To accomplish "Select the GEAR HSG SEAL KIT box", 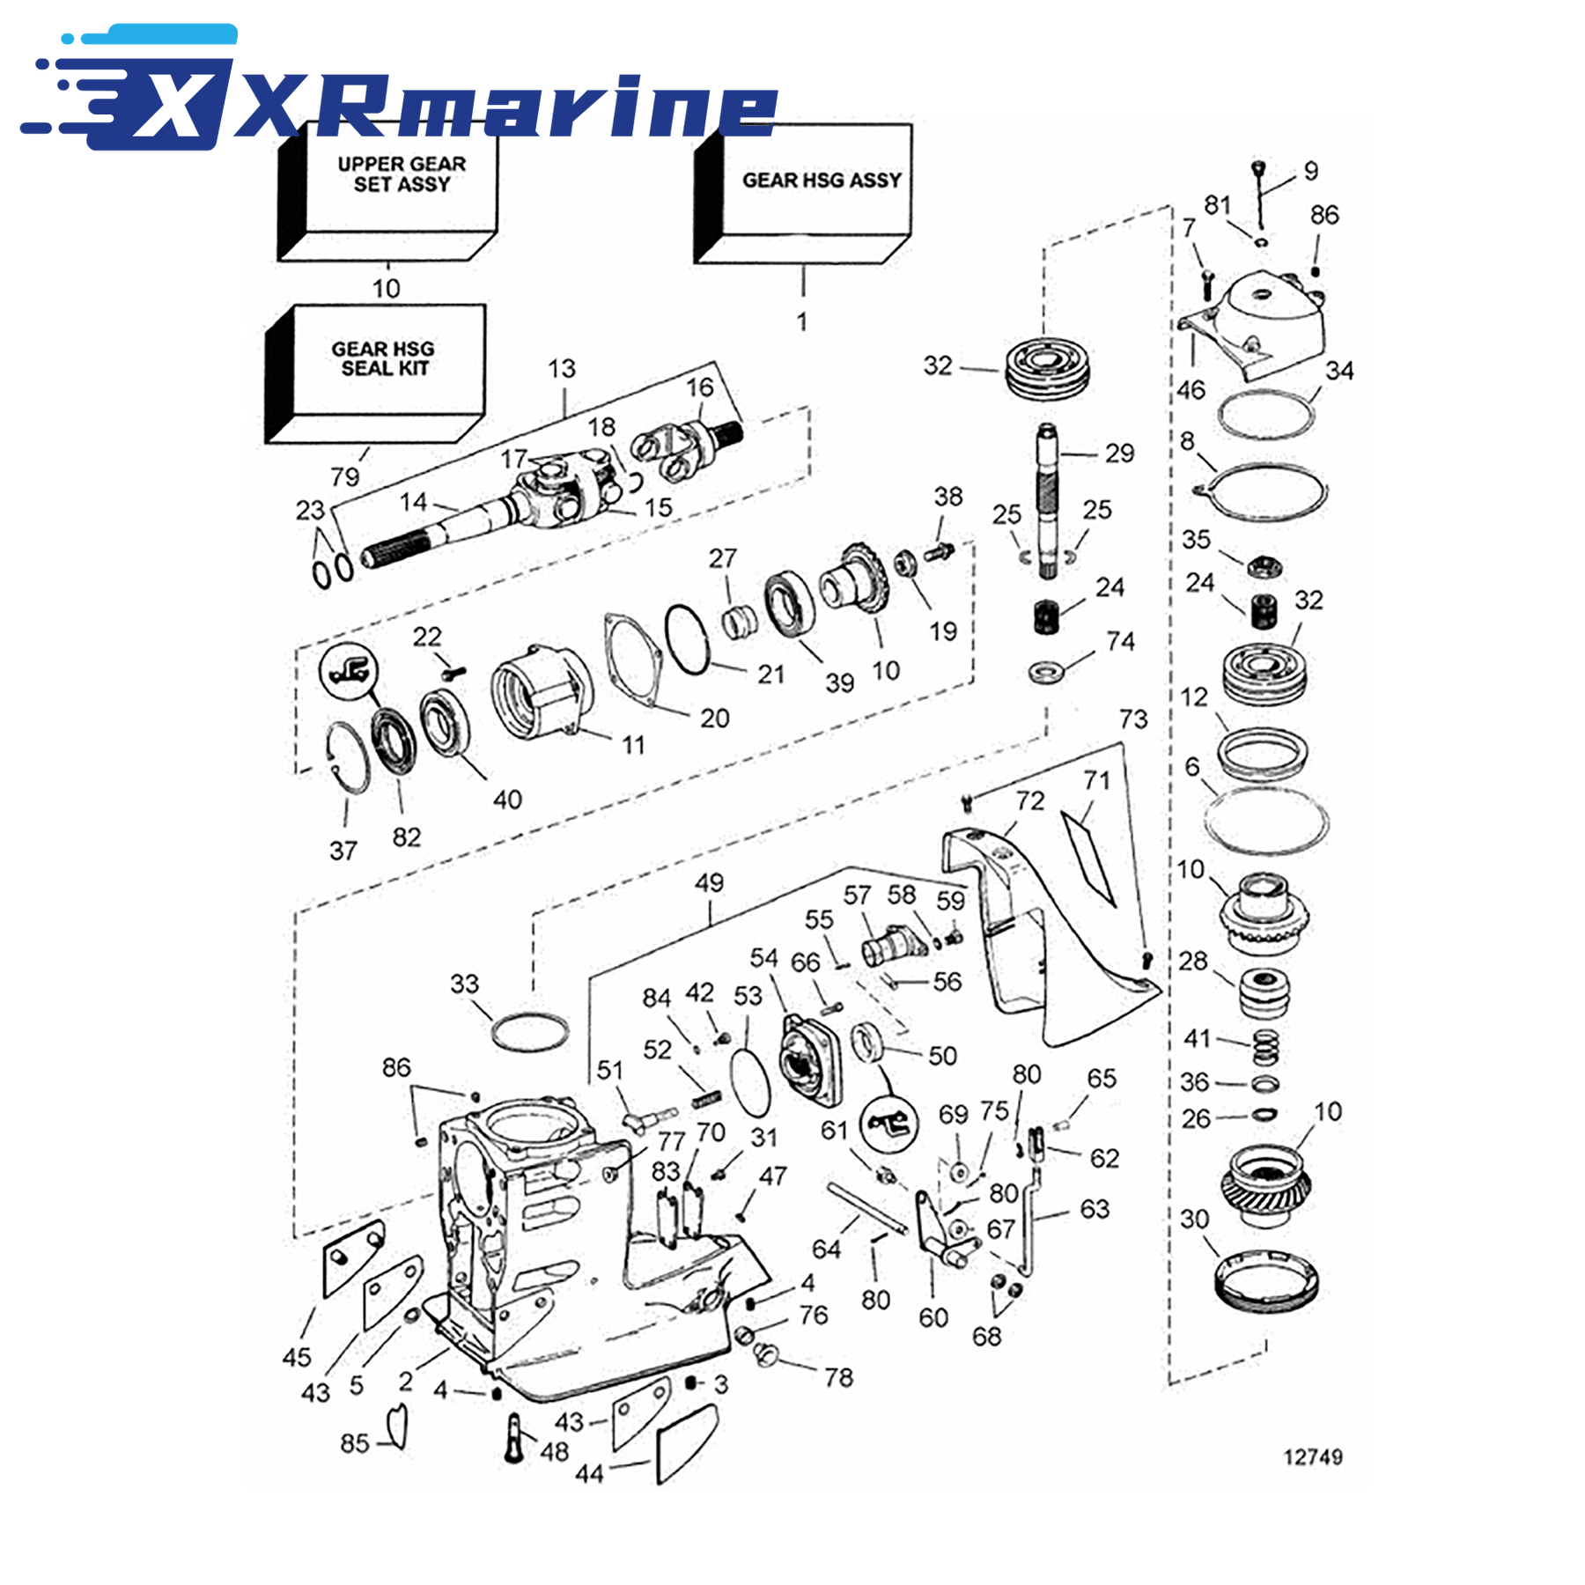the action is [376, 373].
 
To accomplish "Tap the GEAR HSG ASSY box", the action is [803, 193].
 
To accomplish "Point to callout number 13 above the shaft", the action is [562, 368].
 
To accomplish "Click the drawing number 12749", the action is [1313, 1456].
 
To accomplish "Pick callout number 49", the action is [709, 882].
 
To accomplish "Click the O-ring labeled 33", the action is [529, 1033].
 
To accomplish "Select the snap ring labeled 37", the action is [349, 757].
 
